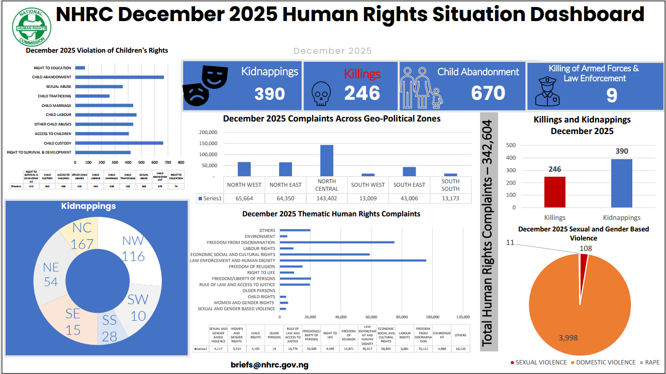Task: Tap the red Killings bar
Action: coord(554,192)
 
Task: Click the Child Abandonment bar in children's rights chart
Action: coord(120,77)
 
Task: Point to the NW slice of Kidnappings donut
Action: coord(133,248)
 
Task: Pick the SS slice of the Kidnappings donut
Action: coord(109,329)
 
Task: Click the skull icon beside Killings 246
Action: coord(320,94)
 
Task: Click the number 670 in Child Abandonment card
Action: coord(488,93)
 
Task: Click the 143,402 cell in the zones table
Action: coord(327,198)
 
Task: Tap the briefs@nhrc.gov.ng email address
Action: coord(269,364)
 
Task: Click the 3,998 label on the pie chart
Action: coord(568,338)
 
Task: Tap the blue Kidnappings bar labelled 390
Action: coord(621,183)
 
